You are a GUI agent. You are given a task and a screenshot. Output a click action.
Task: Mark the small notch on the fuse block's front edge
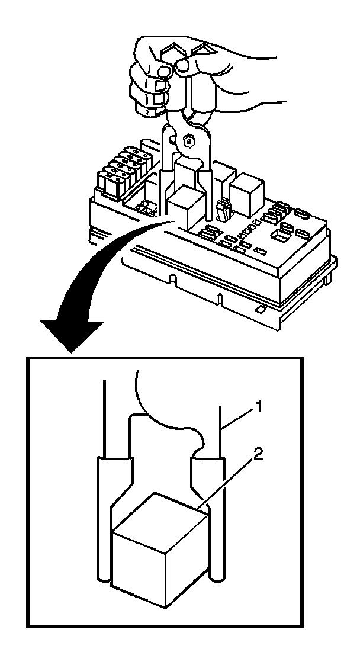[x=172, y=277]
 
